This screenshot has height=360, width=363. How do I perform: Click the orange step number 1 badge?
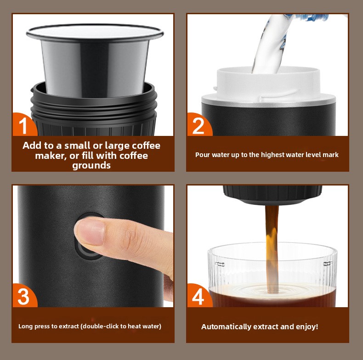point(23,125)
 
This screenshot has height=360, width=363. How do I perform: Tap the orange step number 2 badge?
point(199,125)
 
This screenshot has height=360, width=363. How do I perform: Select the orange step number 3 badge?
point(23,296)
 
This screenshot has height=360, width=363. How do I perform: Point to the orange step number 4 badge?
point(199,296)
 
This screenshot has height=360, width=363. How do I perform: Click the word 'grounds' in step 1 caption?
point(91,166)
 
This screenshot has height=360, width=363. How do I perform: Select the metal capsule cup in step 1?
point(95,60)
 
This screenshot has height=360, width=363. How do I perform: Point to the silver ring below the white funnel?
point(268,101)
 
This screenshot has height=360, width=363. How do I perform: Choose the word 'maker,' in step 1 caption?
point(51,156)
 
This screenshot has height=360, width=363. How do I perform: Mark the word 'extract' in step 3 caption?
point(69,326)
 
